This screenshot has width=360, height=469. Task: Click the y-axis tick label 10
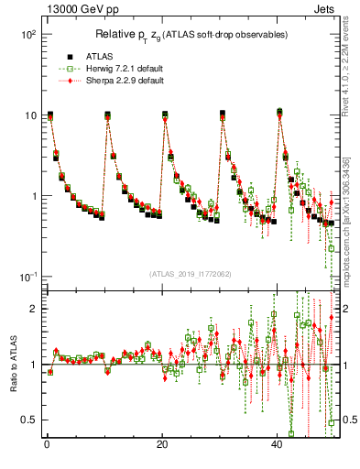(x=30, y=115)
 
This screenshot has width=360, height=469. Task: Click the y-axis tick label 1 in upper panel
(x=34, y=196)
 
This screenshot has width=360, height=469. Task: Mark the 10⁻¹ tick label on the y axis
(x=27, y=277)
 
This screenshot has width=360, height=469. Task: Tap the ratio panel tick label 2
(x=34, y=309)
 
